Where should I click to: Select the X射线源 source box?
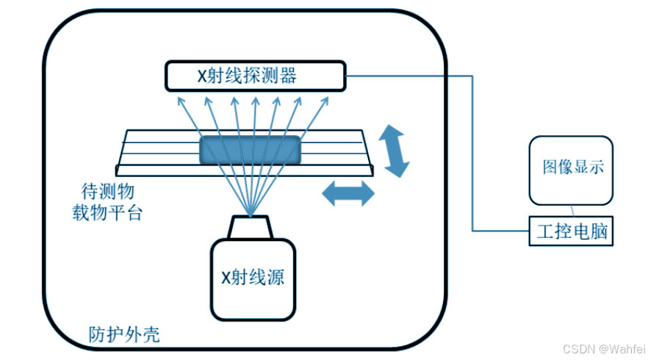[253, 278]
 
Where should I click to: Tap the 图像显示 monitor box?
[571, 169]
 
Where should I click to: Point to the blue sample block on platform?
[251, 149]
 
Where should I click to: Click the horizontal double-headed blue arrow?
[348, 194]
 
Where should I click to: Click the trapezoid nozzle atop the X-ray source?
[251, 227]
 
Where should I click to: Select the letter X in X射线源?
[226, 278]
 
